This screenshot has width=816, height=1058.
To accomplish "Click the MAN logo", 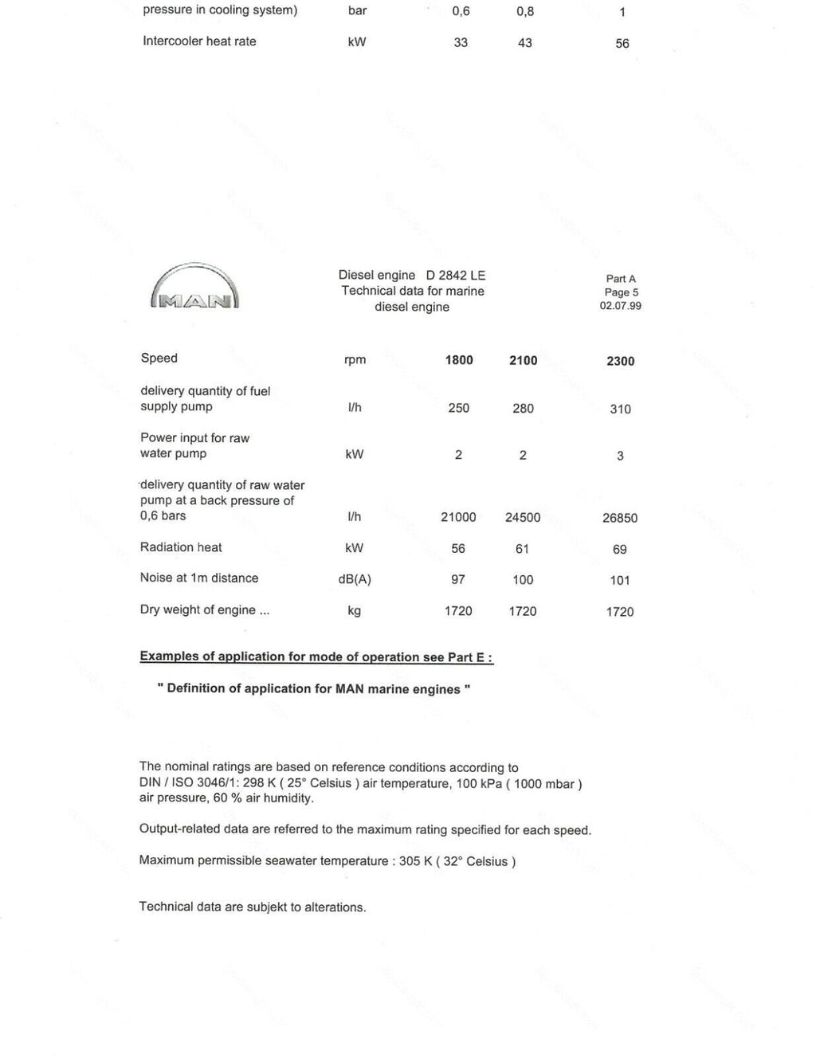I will click(194, 288).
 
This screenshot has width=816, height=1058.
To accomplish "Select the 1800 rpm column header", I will click(459, 360).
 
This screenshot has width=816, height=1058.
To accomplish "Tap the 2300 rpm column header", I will click(620, 361).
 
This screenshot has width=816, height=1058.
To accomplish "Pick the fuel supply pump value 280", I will click(523, 408).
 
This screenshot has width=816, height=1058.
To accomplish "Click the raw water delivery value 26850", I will click(619, 518).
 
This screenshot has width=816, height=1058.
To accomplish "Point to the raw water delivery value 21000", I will click(458, 517).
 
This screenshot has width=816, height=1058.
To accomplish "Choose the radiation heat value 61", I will click(522, 549).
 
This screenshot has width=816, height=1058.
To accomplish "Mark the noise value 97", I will click(458, 580).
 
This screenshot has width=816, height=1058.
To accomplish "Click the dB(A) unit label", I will click(354, 579).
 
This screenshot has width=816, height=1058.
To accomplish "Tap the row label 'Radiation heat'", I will click(181, 547).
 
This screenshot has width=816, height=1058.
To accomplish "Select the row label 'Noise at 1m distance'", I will click(199, 578).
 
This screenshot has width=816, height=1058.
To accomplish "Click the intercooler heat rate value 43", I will click(524, 43).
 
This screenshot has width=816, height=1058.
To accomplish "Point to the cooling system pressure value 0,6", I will click(461, 12).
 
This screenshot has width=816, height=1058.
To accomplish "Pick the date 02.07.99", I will click(620, 306).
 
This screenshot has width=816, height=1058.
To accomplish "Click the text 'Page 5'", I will click(621, 292).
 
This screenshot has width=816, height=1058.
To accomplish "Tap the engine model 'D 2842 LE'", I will click(455, 276).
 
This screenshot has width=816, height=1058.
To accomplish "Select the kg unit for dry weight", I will click(354, 611).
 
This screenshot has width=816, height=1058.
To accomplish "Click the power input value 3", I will click(620, 457).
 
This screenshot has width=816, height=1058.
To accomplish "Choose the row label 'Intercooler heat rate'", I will click(199, 41).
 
